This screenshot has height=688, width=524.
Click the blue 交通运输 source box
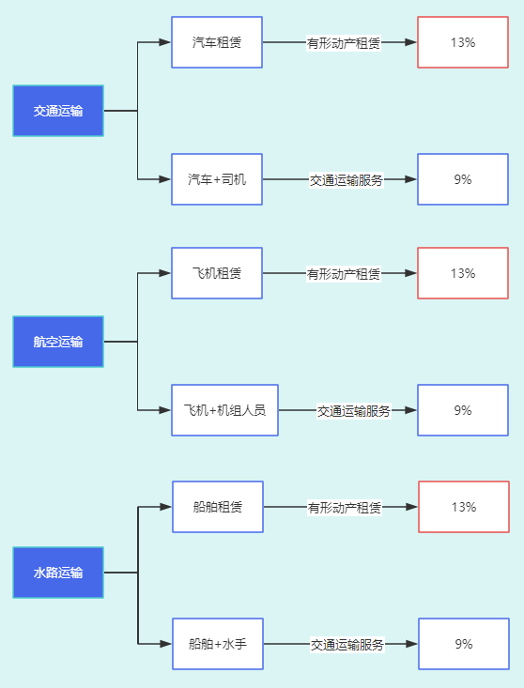point(58,111)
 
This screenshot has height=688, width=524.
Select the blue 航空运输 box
point(58,342)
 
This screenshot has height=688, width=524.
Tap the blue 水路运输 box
point(58,573)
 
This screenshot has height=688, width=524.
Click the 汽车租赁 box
point(217,42)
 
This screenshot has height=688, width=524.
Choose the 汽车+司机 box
point(217,179)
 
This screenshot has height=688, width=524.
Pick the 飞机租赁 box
point(217,273)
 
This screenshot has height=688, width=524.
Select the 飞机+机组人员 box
point(224,410)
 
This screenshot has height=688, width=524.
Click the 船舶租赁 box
point(218,507)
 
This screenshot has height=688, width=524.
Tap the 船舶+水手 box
point(218,644)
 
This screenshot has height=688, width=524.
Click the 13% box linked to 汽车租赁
point(463,42)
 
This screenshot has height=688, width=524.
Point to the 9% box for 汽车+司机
point(463,179)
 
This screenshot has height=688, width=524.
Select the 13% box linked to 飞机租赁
point(463,273)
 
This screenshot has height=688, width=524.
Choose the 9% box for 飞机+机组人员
point(463,410)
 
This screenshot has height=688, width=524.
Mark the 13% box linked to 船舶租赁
point(464,507)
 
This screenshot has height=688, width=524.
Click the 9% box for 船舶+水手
point(464,644)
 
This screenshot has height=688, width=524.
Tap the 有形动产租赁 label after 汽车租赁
point(343,43)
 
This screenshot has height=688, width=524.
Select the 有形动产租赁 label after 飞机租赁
point(343,274)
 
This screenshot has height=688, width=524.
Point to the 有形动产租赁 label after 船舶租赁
point(344,508)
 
